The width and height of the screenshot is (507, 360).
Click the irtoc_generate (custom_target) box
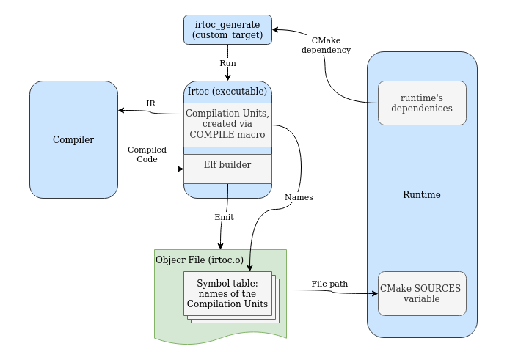tap(227, 29)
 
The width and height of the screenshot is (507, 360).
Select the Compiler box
tap(73, 139)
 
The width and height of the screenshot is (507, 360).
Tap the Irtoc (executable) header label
tap(227, 92)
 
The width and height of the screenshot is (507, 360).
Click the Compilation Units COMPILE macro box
tap(227, 125)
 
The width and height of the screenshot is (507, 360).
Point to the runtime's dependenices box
tap(422, 103)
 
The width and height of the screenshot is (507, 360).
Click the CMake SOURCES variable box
tap(422, 293)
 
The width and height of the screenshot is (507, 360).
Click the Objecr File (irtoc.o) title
tap(200, 260)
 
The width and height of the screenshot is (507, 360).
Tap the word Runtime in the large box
tap(422, 194)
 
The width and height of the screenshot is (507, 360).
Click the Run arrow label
tap(228, 63)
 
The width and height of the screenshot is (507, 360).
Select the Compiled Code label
tap(147, 154)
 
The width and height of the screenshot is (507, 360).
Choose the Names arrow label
tap(298, 197)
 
